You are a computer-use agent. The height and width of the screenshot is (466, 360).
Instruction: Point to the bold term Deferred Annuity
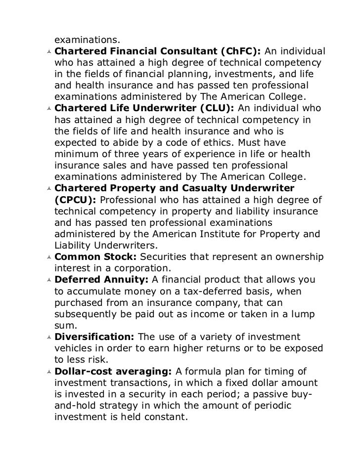(101, 280)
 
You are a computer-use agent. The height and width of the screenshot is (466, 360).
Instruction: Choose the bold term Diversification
(94, 337)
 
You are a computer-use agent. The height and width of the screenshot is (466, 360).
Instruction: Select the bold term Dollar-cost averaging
(112, 372)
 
